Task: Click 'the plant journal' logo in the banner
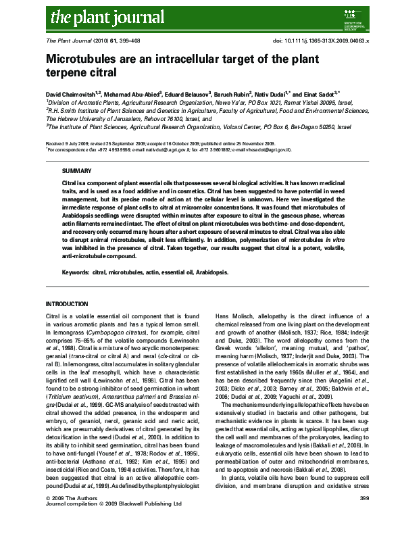pyautogui.click(x=91, y=16)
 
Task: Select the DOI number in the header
pyautogui.click(x=320, y=42)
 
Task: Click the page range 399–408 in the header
pyautogui.click(x=136, y=42)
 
